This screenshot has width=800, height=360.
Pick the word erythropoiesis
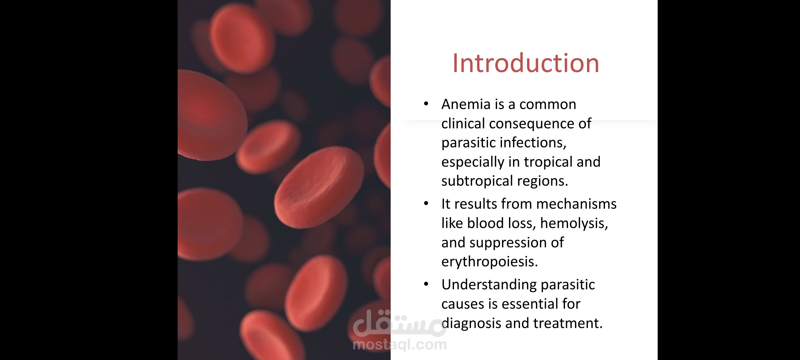tap(490, 262)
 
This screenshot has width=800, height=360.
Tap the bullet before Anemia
tap(426, 104)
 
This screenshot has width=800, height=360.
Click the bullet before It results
tap(426, 203)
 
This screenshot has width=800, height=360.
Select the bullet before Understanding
tap(426, 284)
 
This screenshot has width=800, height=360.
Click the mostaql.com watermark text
tap(400, 345)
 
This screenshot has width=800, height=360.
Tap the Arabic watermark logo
tap(400, 323)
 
